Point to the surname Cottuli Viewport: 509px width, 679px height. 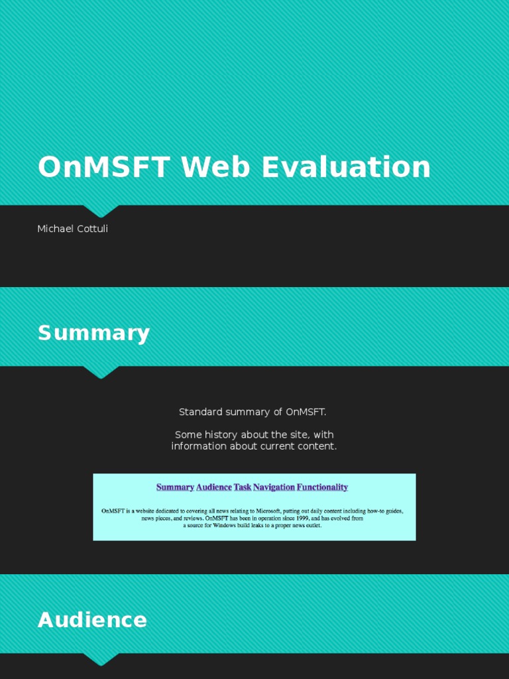tap(92, 229)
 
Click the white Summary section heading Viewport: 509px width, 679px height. tap(93, 333)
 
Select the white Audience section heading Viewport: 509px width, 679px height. tap(92, 620)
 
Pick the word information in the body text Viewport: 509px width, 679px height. tap(199, 446)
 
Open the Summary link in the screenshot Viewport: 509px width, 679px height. tap(175, 487)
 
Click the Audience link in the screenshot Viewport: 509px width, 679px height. tap(214, 487)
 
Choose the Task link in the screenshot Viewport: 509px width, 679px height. tap(242, 487)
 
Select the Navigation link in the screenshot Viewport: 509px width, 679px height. tap(274, 487)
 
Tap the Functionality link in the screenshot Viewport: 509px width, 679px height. tap(322, 487)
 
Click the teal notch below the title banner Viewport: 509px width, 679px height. tap(101, 211)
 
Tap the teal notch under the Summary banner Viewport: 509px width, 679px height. tap(101, 372)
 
